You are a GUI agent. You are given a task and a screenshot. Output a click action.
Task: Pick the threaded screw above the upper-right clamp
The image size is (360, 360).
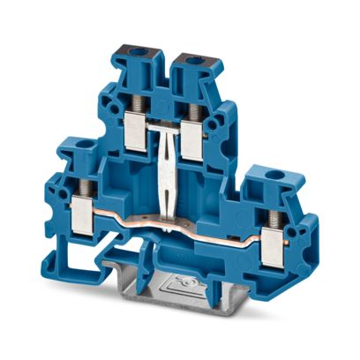click(191, 105)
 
